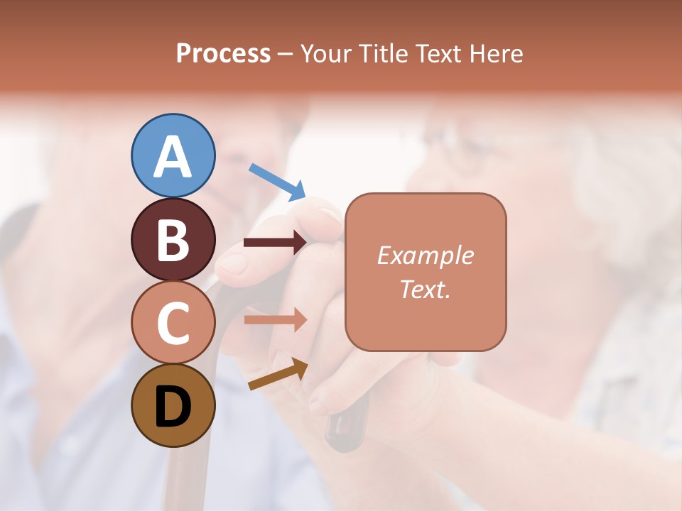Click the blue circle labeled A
(x=173, y=155)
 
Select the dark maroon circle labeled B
(x=173, y=239)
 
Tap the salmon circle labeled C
(x=173, y=322)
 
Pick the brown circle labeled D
(x=173, y=405)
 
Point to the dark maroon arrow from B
(x=275, y=243)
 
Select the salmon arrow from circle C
(x=275, y=320)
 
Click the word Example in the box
(x=425, y=255)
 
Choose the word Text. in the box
(x=425, y=289)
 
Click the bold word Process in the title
(x=223, y=53)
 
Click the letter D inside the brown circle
(x=173, y=406)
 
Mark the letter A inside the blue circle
(x=173, y=156)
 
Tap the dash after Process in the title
(x=286, y=54)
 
